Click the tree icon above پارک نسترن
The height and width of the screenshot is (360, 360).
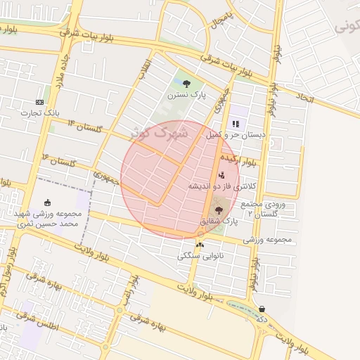[186, 84]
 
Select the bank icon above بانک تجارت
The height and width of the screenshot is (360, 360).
[39, 102]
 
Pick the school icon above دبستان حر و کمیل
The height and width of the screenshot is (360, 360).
[236, 124]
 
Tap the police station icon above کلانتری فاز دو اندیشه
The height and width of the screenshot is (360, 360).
[222, 175]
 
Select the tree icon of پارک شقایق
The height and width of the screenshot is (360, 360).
[218, 210]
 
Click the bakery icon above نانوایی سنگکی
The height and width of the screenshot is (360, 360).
[200, 245]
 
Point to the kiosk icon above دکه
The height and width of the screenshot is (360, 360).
[262, 309]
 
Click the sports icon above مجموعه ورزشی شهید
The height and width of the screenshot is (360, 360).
[47, 202]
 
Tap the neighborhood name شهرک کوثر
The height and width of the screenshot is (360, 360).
[160, 131]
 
